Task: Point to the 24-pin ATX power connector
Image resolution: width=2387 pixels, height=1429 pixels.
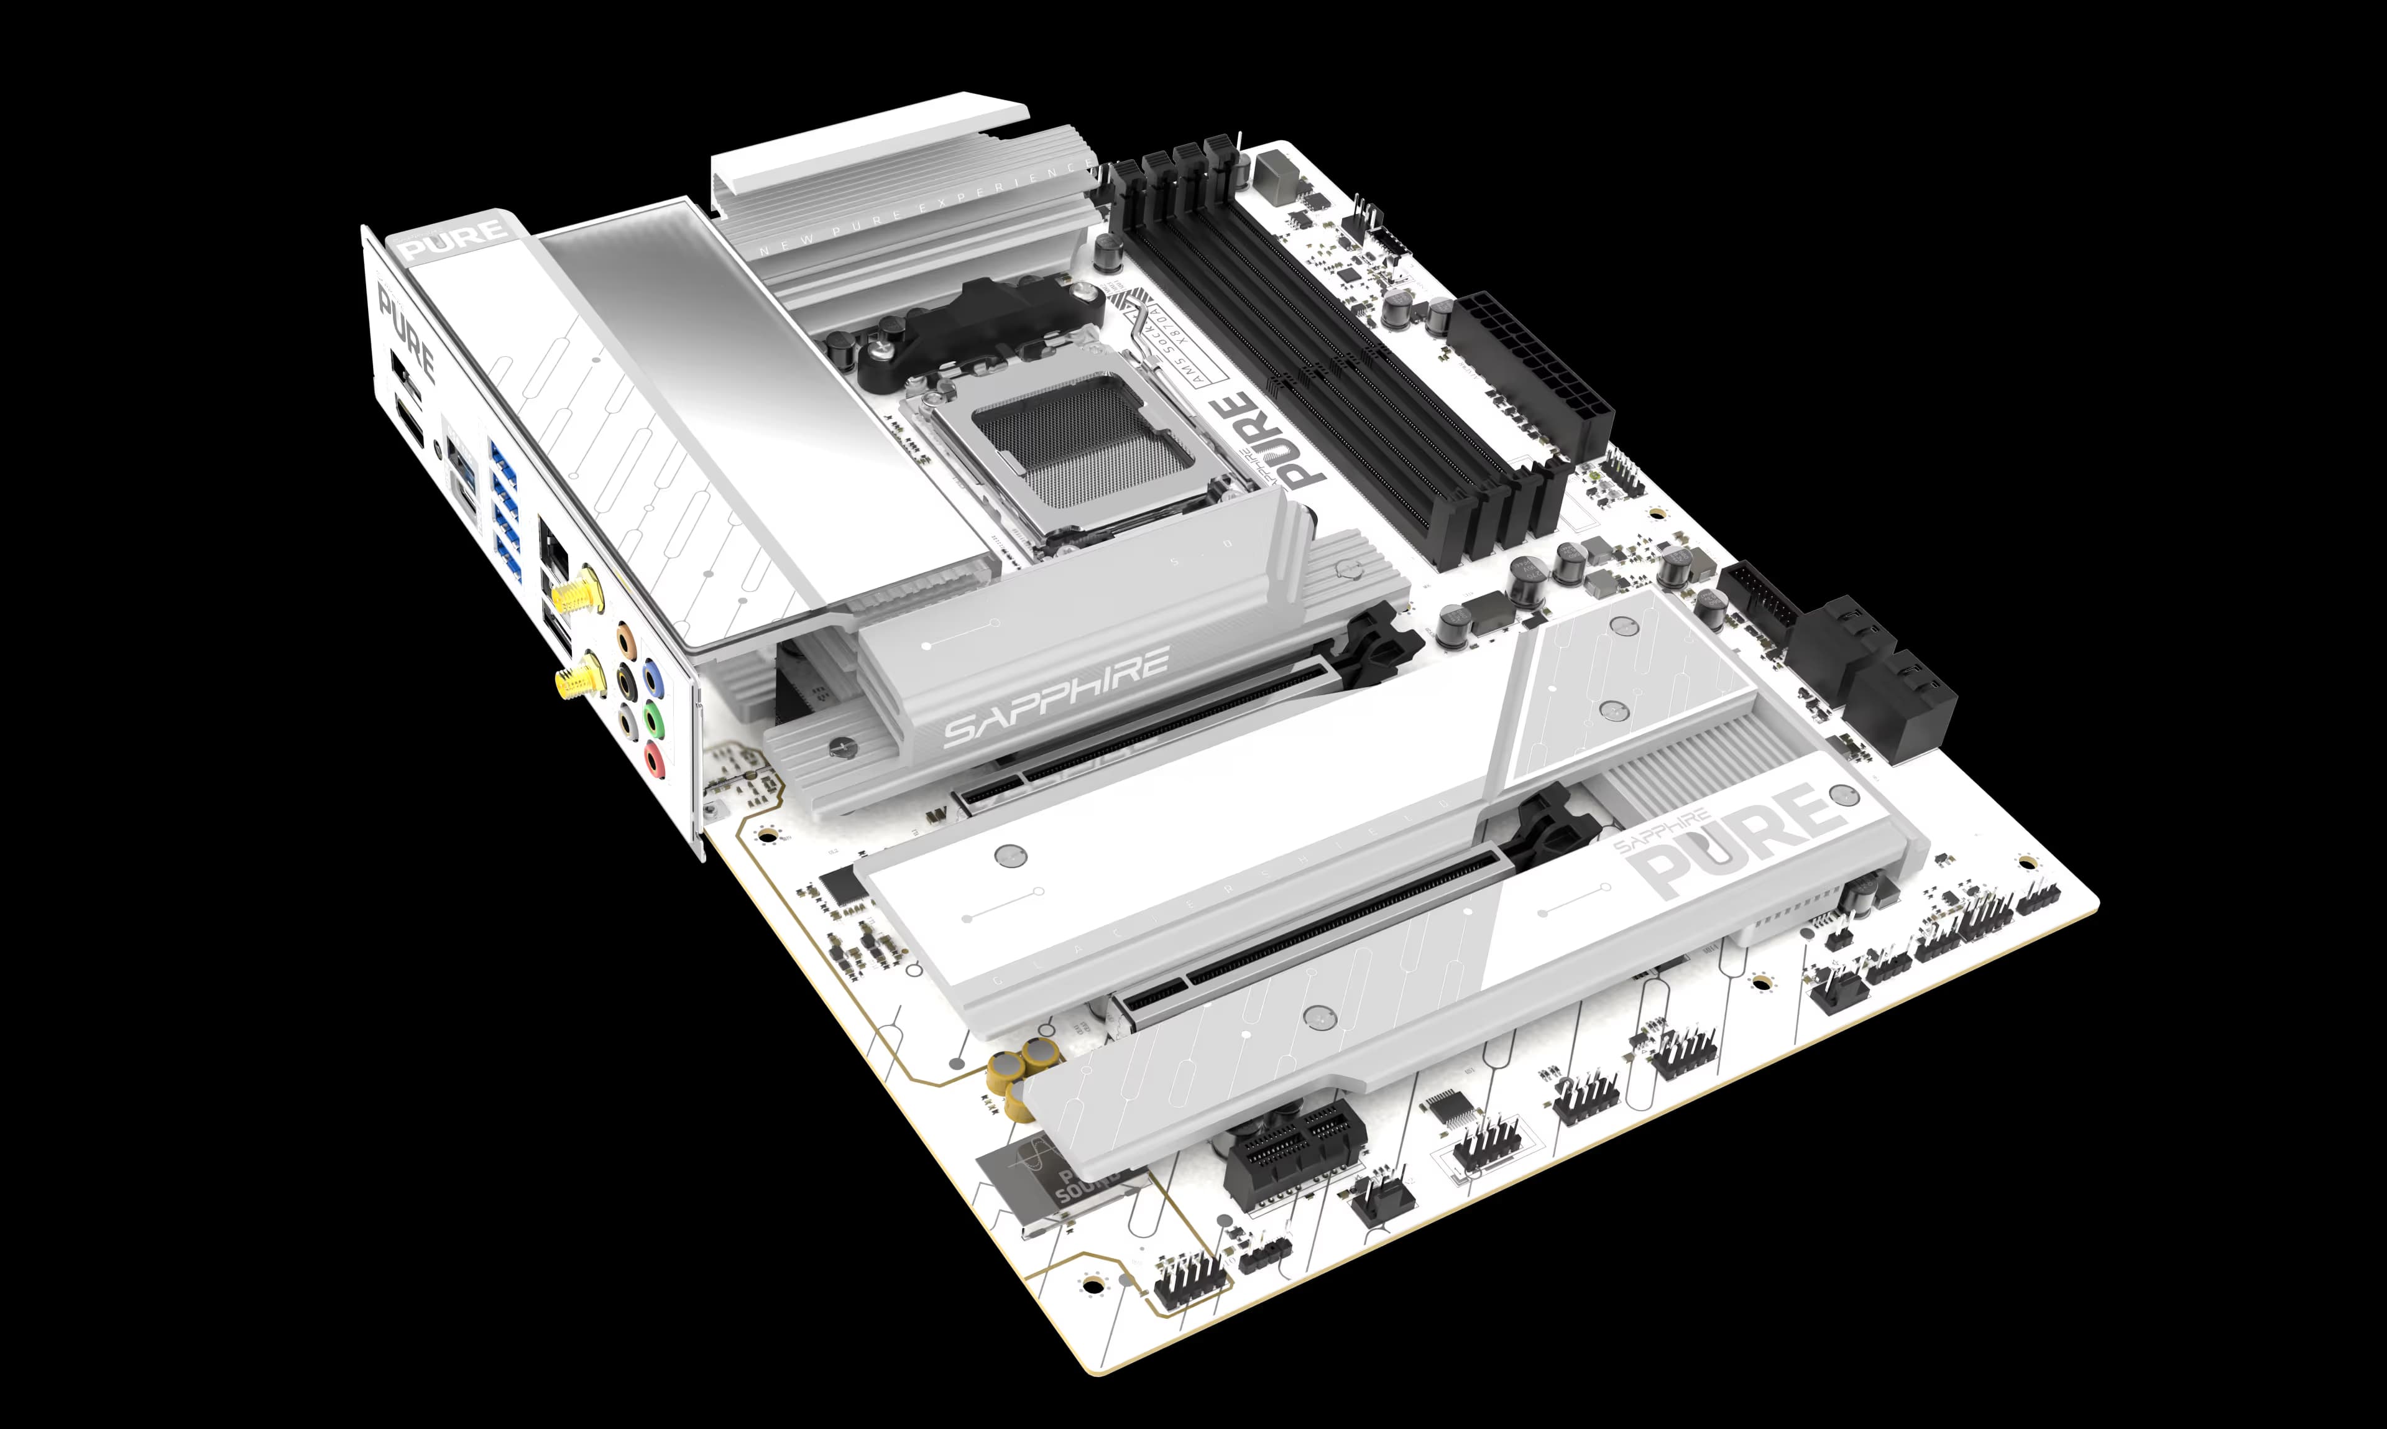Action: point(1530,376)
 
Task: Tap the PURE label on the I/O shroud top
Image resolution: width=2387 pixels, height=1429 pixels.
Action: point(454,239)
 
